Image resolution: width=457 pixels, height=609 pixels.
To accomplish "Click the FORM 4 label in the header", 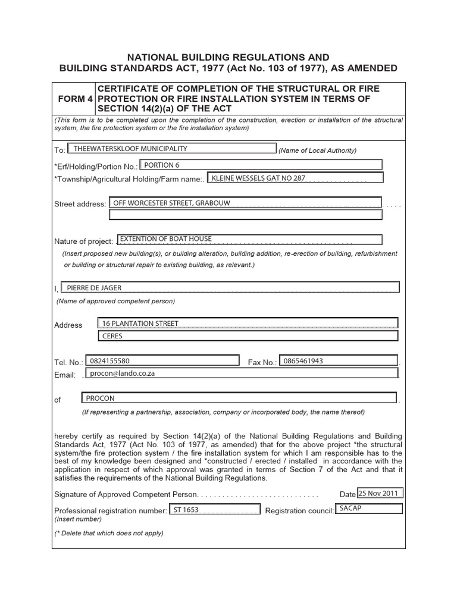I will pyautogui.click(x=73, y=99).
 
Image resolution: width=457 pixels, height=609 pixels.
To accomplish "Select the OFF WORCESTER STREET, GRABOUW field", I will pyautogui.click(x=245, y=203).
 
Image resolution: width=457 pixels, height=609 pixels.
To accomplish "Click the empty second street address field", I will pyautogui.click(x=245, y=214).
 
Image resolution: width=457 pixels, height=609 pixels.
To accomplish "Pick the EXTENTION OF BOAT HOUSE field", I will pyautogui.click(x=249, y=239).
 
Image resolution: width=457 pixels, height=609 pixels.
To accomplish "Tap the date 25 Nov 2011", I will pyautogui.click(x=380, y=493).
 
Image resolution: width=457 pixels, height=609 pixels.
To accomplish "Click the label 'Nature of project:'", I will pyautogui.click(x=83, y=241).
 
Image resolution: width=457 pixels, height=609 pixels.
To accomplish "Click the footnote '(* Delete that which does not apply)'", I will pyautogui.click(x=108, y=533).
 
